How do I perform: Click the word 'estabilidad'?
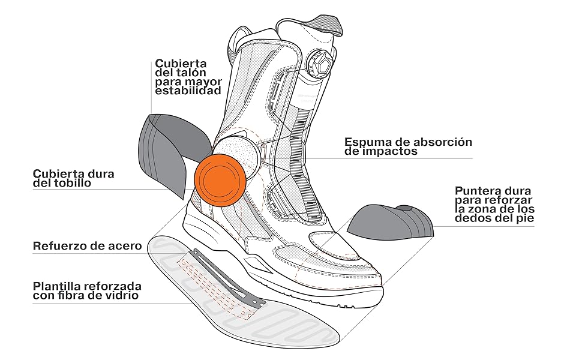188,91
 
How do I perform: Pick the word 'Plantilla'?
58,285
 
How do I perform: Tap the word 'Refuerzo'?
57,246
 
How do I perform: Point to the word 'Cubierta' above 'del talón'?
180,62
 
